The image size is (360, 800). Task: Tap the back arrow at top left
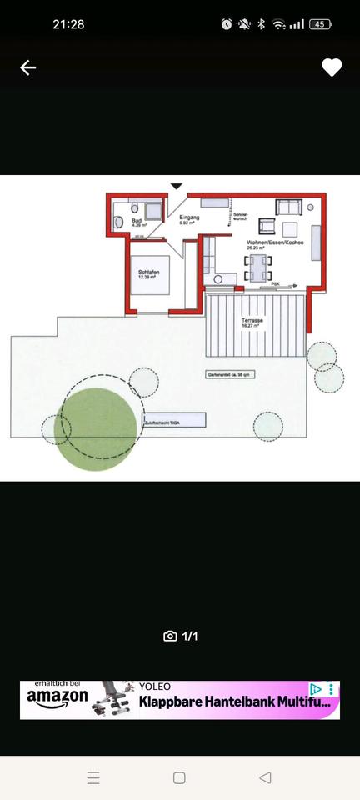click(28, 68)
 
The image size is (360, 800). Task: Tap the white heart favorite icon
click(332, 68)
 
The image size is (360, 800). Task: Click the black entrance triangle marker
click(176, 186)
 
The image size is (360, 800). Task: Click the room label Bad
click(137, 221)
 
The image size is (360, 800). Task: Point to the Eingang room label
click(189, 218)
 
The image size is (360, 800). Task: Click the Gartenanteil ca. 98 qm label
click(229, 375)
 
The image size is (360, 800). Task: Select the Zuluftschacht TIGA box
click(173, 422)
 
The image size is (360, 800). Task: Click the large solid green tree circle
click(96, 429)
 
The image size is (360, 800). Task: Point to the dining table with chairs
click(258, 267)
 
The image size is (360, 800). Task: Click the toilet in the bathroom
click(118, 222)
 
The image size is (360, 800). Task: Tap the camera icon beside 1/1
click(170, 637)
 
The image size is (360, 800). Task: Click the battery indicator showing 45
click(320, 24)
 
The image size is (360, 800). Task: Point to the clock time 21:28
click(68, 24)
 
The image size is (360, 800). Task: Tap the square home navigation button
click(179, 778)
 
